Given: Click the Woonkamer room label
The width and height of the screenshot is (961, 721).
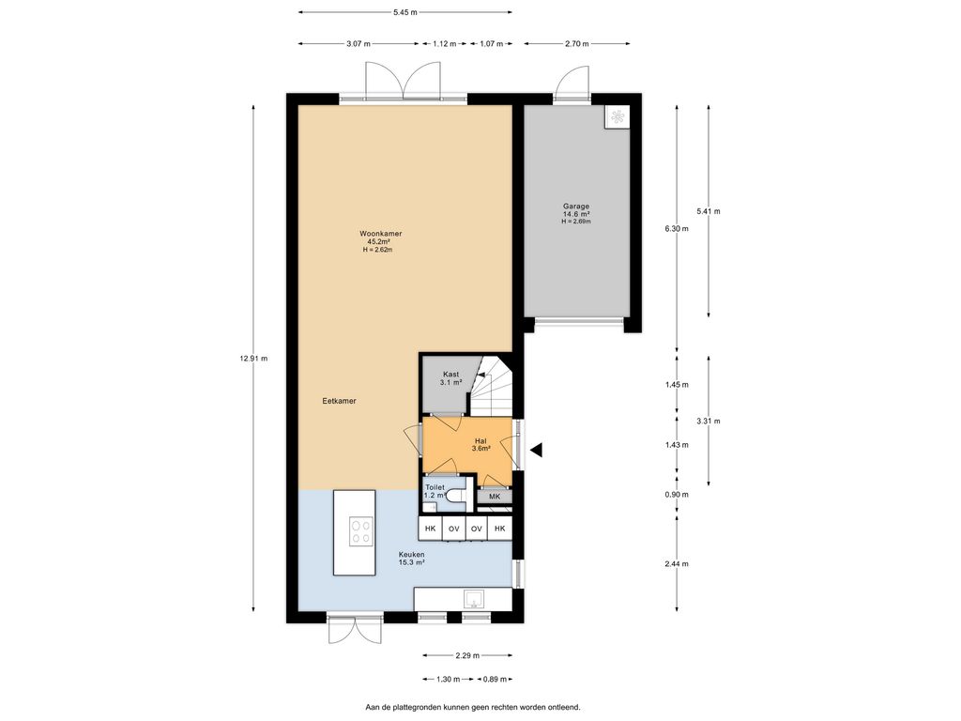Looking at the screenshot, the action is click(x=381, y=234).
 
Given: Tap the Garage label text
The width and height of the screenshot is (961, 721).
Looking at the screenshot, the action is click(x=576, y=207).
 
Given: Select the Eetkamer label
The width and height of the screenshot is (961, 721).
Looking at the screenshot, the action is click(x=339, y=401).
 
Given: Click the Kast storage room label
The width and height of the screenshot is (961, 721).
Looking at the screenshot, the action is click(x=451, y=374).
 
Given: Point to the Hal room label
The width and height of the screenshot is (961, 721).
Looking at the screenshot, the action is click(x=480, y=441).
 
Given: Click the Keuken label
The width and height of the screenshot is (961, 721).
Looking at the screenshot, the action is click(x=411, y=554).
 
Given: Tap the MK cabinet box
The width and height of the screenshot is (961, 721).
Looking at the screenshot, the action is click(x=495, y=497).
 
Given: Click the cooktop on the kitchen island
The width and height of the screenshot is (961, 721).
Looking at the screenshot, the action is click(x=360, y=531).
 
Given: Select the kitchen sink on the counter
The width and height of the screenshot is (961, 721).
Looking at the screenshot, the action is click(x=474, y=598).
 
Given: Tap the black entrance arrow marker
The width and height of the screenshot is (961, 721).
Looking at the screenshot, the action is click(x=536, y=451).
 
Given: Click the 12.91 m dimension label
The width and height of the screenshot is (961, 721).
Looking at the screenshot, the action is click(x=253, y=359).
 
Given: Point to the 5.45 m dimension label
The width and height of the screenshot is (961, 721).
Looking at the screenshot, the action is click(x=405, y=11).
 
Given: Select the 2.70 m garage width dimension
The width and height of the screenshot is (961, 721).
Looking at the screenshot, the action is click(x=577, y=43).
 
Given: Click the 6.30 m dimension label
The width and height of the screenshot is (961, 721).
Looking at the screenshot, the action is click(x=677, y=229).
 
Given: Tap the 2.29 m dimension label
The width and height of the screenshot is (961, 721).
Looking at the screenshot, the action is click(x=467, y=655).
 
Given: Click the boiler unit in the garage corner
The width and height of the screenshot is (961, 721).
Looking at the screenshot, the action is click(x=618, y=116).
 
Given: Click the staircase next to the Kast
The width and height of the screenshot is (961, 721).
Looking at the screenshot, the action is click(x=491, y=385).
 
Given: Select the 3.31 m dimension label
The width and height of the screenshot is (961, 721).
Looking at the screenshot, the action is click(x=709, y=422).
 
